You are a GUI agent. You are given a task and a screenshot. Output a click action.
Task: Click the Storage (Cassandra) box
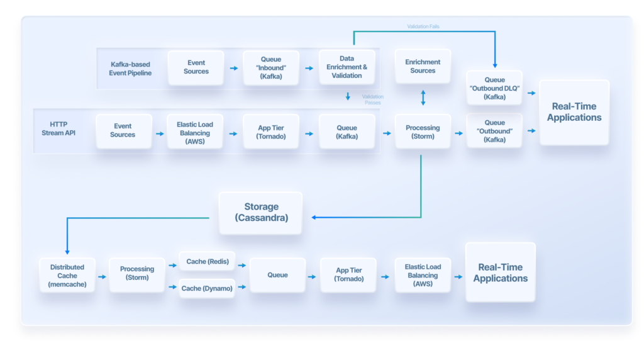coord(261,213)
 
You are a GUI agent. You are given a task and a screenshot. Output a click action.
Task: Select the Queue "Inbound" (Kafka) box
coord(271,68)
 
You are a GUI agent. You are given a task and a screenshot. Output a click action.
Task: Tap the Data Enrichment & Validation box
coord(347,67)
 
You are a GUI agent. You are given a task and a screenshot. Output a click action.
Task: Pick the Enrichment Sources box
coord(423,66)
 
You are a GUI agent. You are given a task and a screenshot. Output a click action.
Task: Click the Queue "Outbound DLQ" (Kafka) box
coord(494,88)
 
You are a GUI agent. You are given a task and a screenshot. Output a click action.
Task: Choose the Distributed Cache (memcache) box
coord(67,275)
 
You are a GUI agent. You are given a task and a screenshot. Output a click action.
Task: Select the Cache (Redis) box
coord(208,261)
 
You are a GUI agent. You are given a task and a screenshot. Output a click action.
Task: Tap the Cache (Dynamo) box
coord(207,288)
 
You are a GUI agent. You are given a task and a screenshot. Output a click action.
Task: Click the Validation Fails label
coord(423,26)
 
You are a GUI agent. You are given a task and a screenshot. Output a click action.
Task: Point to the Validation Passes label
coord(372,99)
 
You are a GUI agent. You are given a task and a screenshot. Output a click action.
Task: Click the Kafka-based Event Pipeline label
coord(130,69)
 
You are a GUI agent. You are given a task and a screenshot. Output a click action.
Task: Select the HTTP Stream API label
coord(58,128)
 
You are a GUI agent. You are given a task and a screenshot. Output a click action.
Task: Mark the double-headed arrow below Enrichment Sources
coord(423,98)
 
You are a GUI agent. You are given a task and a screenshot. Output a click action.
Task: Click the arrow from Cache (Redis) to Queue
coord(242,266)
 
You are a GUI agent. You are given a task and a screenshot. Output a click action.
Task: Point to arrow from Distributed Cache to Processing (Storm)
coord(103,277)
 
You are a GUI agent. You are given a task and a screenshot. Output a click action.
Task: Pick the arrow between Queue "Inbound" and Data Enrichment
coord(309,68)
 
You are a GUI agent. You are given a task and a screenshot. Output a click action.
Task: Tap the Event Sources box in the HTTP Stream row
coord(124,131)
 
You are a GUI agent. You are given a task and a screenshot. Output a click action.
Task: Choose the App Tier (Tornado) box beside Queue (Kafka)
coord(271,132)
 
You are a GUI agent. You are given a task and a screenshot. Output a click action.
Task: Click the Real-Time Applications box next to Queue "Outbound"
coord(574,112)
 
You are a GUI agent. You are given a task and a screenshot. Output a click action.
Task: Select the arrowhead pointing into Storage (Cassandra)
coord(314,217)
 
